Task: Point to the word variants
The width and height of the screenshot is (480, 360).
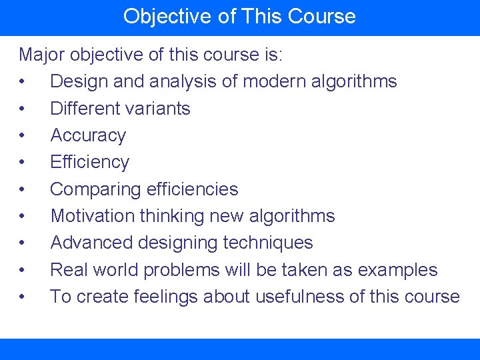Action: pos(159,109)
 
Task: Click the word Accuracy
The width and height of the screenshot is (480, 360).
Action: pos(88,135)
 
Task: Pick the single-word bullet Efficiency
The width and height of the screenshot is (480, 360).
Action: pos(90,162)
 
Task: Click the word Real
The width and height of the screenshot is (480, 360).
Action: pos(70,270)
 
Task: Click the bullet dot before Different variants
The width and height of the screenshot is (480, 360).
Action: pos(23,109)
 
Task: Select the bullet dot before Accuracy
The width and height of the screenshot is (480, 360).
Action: pos(23,135)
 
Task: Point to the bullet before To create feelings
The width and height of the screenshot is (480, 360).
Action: pos(23,297)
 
